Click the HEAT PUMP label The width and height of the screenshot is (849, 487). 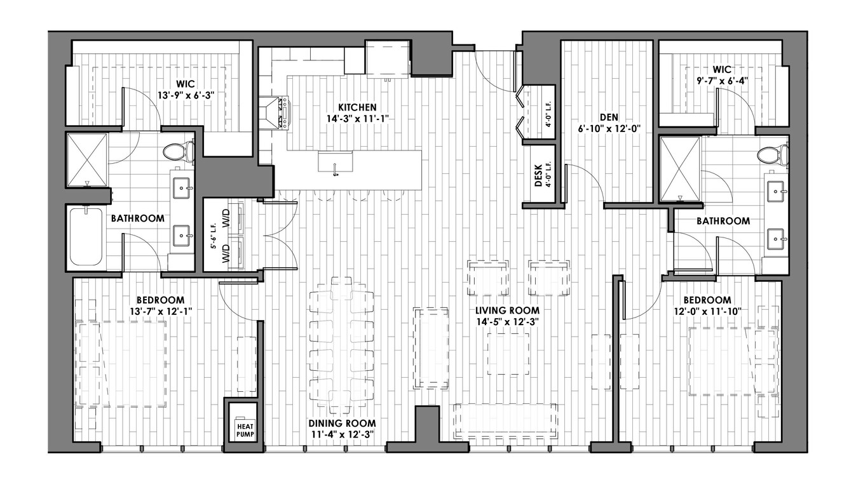(245, 430)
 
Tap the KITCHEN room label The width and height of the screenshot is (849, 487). (357, 107)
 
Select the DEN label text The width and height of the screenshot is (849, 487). (609, 117)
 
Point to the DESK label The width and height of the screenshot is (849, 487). (538, 178)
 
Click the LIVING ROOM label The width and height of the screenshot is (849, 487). (508, 310)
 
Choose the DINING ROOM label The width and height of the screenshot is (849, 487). (343, 424)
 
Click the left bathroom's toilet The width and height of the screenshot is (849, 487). (179, 152)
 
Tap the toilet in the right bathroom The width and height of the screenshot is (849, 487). (773, 156)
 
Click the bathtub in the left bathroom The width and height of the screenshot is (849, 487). (86, 236)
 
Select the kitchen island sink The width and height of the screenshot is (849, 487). (336, 163)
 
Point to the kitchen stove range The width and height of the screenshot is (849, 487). (274, 112)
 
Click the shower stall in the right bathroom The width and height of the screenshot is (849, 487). (680, 168)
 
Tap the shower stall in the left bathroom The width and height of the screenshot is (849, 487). (87, 160)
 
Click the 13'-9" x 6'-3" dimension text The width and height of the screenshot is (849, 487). (186, 95)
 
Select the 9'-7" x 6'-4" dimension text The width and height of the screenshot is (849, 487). (722, 81)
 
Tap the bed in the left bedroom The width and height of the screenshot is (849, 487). (121, 364)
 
